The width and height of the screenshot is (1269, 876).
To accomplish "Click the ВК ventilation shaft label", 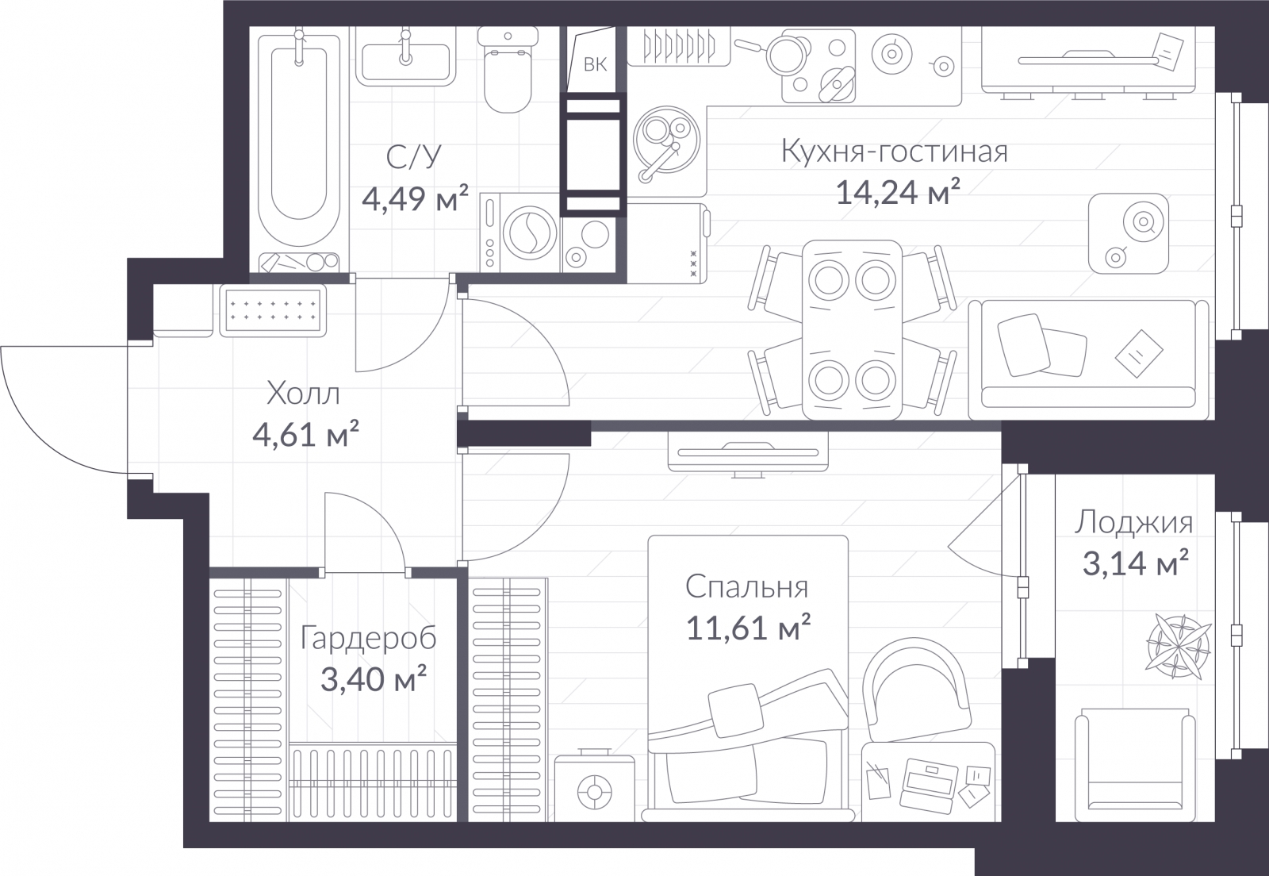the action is (595, 64).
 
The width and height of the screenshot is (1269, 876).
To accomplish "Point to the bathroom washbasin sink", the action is (405, 60).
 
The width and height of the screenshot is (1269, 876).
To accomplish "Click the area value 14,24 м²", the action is (898, 193).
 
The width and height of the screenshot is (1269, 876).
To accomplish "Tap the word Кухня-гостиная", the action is (895, 152).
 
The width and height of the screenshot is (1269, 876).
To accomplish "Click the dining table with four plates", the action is (852, 330).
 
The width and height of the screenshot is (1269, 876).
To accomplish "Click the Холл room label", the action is (303, 394).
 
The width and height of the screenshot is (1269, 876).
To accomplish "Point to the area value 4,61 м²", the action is (305, 435).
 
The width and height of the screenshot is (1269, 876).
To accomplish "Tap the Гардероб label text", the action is (368, 639).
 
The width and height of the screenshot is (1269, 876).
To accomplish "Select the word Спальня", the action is (746, 587).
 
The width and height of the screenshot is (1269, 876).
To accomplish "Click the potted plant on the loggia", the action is (1179, 646).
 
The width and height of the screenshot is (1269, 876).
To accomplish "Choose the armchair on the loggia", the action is (1135, 764).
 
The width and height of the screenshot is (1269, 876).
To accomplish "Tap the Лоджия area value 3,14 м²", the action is (1135, 563).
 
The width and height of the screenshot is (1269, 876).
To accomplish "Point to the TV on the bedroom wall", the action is (748, 452).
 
